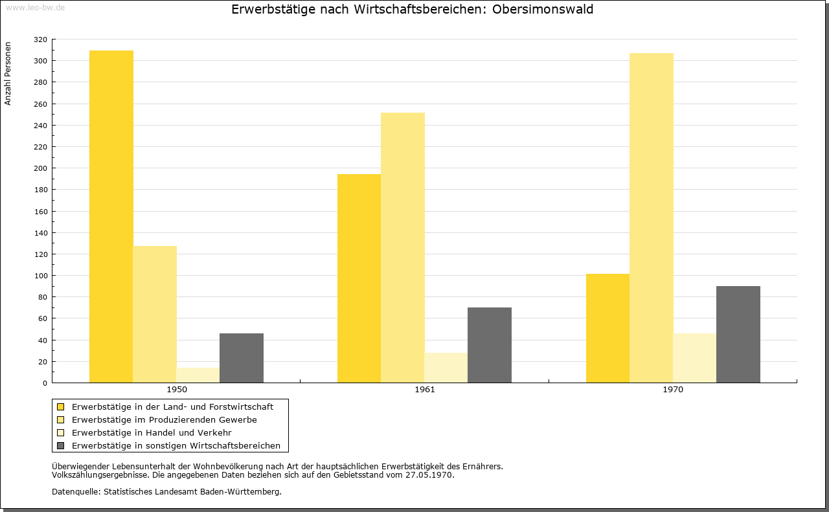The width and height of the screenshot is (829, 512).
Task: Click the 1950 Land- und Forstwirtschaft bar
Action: click(111, 216)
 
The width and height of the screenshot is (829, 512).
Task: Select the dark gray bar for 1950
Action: click(242, 358)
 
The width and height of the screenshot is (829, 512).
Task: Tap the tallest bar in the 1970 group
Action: click(652, 218)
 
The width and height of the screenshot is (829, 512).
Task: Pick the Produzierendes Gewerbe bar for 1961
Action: click(403, 247)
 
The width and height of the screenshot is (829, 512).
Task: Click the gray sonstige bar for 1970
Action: click(738, 335)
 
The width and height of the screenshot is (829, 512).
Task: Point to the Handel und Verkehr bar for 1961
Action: click(446, 368)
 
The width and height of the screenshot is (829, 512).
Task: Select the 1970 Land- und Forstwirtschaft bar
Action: click(608, 328)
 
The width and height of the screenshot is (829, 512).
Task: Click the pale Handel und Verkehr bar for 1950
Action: click(198, 375)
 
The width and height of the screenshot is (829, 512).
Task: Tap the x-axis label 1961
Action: click(424, 390)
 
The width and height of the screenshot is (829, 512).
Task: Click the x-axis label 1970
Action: click(673, 390)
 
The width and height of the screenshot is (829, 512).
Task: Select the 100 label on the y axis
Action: click(40, 276)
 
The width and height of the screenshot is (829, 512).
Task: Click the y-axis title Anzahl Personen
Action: click(8, 74)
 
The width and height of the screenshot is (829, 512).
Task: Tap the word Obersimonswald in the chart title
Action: click(543, 9)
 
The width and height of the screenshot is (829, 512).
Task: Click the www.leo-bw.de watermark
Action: click(35, 7)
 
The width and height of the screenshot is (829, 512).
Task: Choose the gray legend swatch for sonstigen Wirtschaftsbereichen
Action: click(60, 445)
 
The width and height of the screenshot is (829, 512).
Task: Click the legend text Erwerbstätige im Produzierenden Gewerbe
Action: click(165, 420)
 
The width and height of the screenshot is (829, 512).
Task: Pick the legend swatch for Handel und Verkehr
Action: click(60, 432)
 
